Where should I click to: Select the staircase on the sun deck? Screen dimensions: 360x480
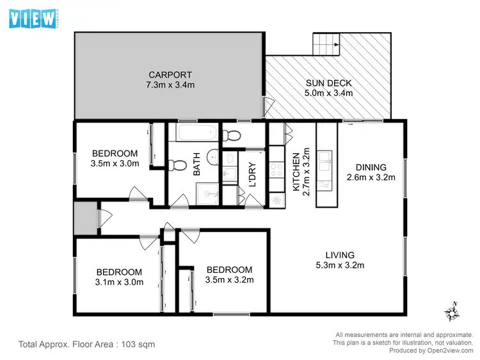[x=325, y=45]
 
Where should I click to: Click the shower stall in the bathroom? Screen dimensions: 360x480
[x=206, y=193]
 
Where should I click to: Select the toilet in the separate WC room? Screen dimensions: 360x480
[x=232, y=135]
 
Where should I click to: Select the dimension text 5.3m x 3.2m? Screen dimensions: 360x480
[x=340, y=265]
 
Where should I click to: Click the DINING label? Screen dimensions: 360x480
[x=371, y=168]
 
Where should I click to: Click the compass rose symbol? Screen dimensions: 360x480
[x=452, y=313]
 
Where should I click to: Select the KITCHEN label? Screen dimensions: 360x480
[x=296, y=172]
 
